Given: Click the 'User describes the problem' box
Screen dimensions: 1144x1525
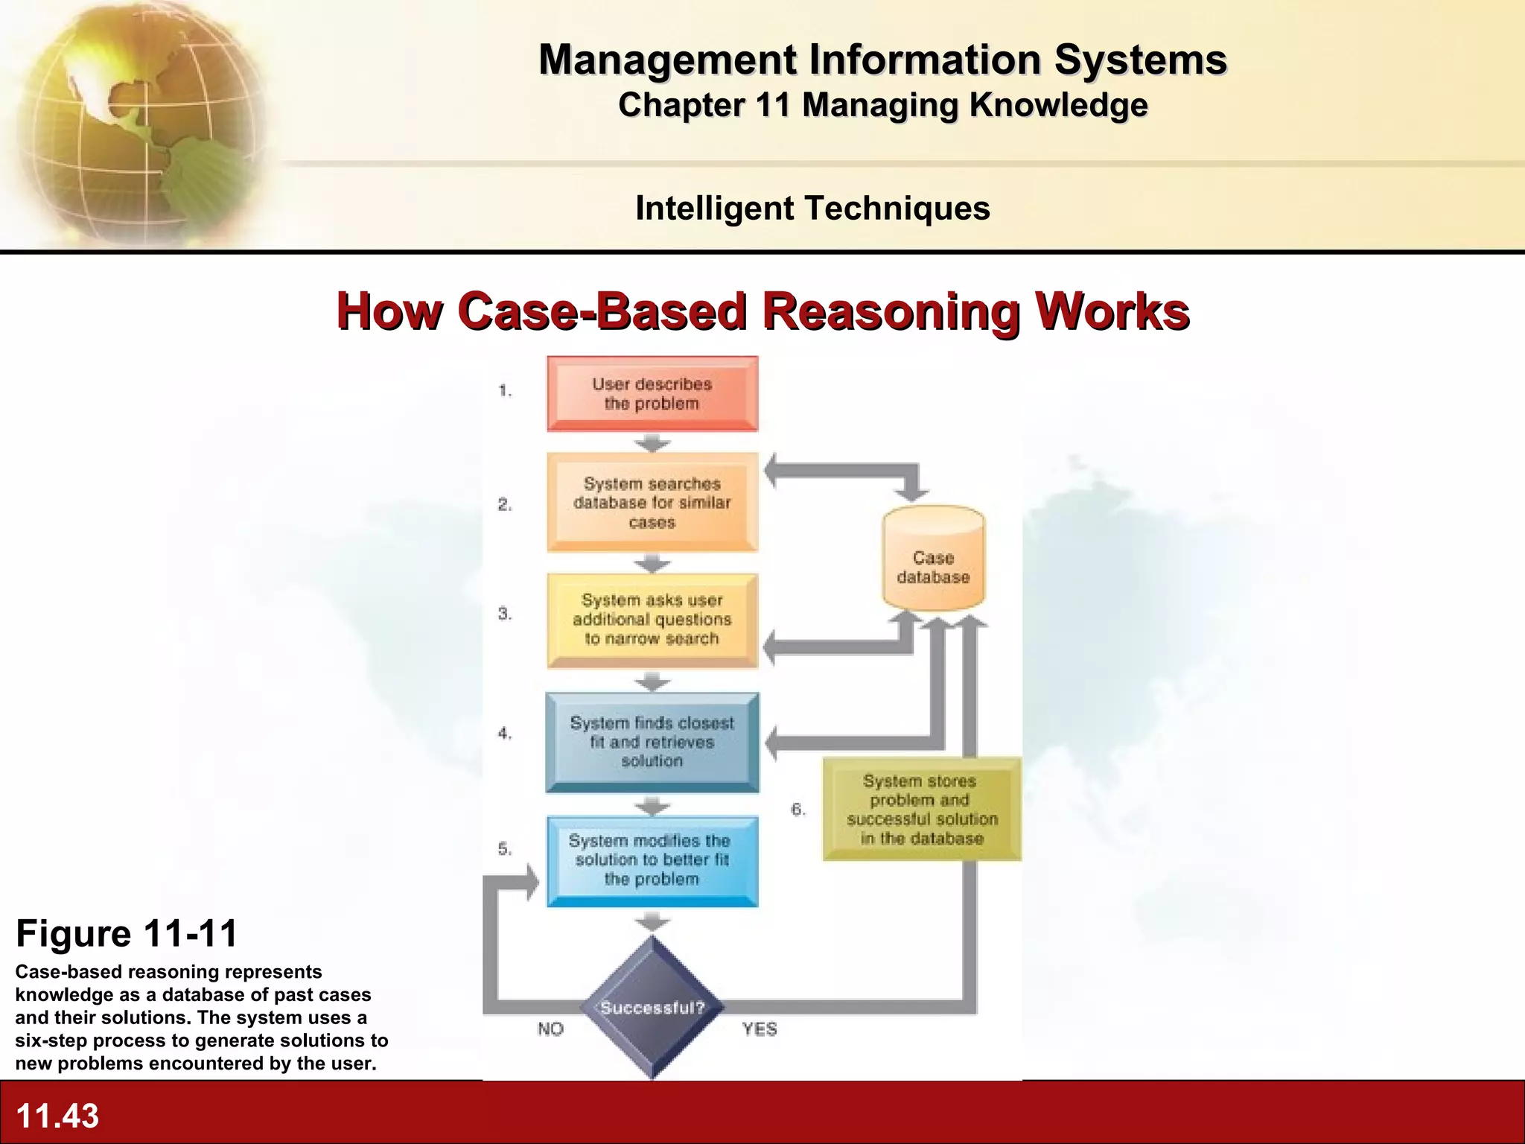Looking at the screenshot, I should coord(652,394).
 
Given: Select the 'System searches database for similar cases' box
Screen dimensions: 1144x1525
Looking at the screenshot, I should coord(652,503).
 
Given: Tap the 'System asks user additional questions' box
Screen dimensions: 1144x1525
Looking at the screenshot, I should coord(652,620).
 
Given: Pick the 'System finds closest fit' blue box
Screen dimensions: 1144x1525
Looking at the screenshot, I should coord(652,742).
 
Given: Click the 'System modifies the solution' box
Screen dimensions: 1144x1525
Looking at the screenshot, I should coord(652,860).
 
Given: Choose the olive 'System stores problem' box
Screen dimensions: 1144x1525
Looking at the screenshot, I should coord(922,810).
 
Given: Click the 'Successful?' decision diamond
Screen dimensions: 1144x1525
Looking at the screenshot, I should coord(652,1008).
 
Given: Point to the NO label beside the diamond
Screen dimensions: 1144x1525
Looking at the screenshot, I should coord(551,1029).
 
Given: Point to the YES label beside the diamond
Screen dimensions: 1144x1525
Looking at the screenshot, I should coord(760,1029).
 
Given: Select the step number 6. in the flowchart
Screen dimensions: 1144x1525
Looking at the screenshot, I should coord(798,810).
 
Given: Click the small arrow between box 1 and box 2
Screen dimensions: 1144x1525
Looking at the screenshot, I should coord(652,444).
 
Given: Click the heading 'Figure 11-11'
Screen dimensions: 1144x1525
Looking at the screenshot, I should coord(127,933).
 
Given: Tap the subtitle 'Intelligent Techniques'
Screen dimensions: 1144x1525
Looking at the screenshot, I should coord(812,208).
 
